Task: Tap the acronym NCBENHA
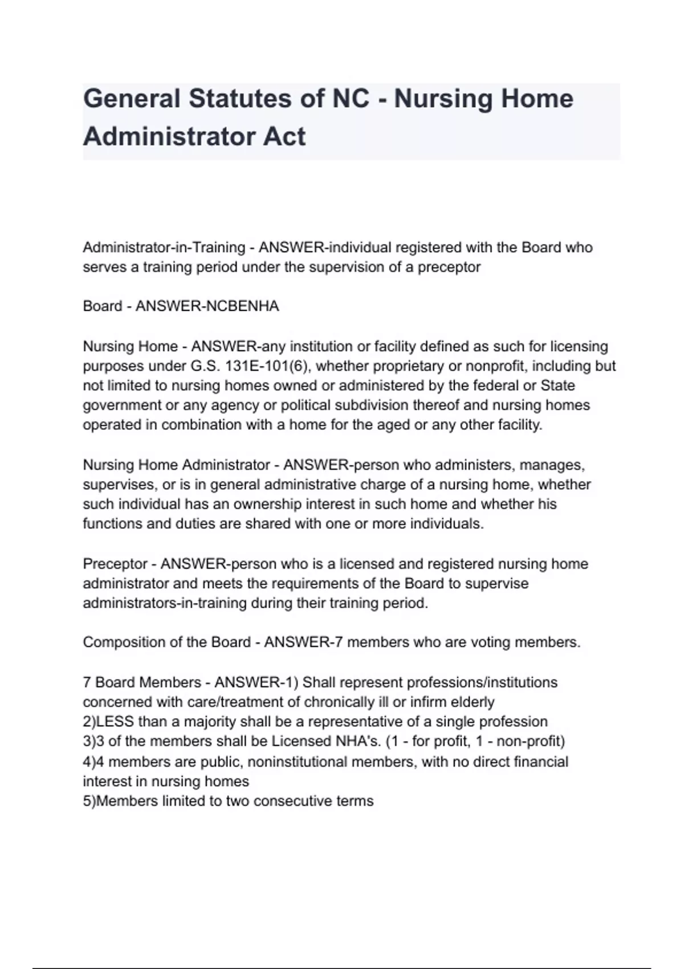(x=243, y=306)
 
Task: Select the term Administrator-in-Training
(x=164, y=247)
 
